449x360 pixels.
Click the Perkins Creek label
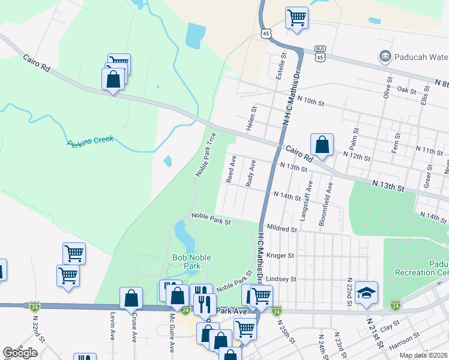(x=90, y=142)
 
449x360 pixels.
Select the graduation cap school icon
(x=366, y=292)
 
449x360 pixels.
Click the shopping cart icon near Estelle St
(x=297, y=18)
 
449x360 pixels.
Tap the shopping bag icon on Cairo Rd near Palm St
(x=322, y=145)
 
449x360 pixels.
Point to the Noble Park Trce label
(x=206, y=154)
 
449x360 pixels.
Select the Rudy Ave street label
(x=250, y=173)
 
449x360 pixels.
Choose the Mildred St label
(x=282, y=229)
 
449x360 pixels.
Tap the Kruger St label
(x=280, y=255)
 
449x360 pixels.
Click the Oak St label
(x=406, y=90)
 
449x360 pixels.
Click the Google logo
(x=20, y=353)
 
